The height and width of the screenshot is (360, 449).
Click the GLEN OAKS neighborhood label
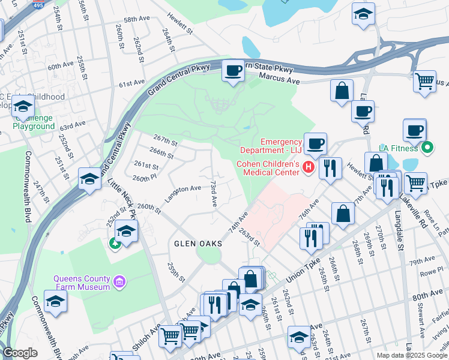198,244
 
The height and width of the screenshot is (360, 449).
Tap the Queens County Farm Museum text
82,282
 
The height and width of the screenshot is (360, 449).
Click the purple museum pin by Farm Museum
119,281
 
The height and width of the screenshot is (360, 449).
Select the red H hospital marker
309,167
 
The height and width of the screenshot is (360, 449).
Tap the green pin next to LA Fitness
427,146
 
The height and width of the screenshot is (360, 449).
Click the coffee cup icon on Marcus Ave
232,71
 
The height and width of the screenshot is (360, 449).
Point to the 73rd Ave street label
212,192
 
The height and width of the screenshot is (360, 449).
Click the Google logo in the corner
20,353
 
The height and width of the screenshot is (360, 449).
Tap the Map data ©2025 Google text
411,355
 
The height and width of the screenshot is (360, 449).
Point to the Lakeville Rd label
414,197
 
